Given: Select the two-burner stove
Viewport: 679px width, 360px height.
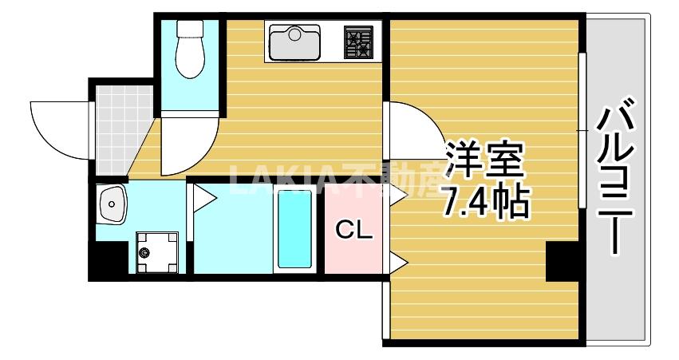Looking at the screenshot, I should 358,42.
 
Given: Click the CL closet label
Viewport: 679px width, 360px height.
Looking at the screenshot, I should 353,231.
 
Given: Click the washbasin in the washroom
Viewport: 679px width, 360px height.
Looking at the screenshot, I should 111,205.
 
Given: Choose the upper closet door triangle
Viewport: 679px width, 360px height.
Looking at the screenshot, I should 397,196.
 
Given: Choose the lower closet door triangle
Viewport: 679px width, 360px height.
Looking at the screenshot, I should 397,259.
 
